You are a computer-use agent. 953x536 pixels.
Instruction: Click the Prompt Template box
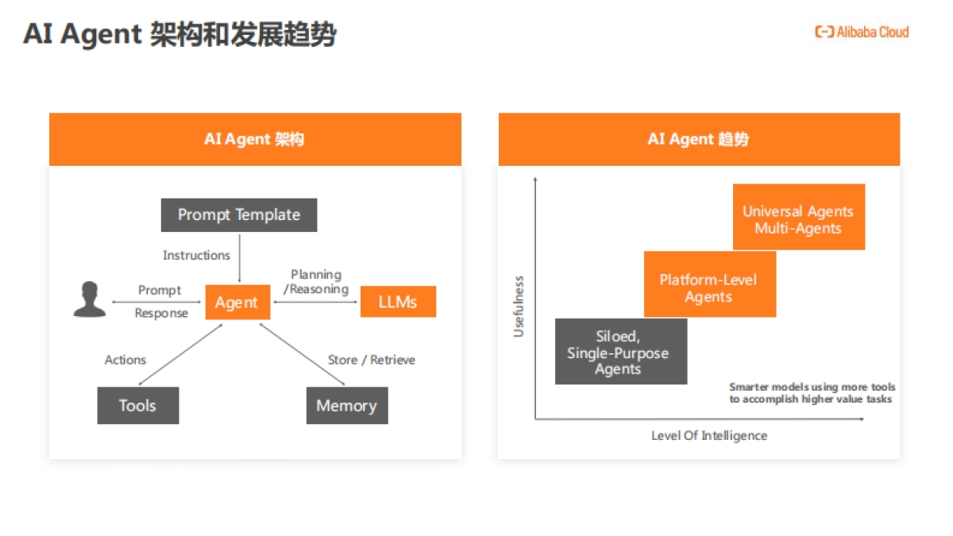tap(239, 215)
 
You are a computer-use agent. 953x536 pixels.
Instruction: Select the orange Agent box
tap(237, 303)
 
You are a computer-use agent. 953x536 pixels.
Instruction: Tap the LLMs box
tap(398, 302)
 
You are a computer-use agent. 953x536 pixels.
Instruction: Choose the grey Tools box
tap(137, 406)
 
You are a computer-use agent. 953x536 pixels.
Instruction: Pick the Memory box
tap(347, 406)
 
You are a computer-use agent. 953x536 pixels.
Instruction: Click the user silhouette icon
tap(89, 299)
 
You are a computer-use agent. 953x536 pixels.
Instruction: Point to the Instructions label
tap(196, 255)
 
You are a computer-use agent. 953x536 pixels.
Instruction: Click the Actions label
tap(125, 360)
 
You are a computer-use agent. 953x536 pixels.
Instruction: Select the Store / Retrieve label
tap(372, 360)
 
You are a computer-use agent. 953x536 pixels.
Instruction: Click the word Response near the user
tap(161, 313)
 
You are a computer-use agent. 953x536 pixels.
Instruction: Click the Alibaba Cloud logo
tap(862, 32)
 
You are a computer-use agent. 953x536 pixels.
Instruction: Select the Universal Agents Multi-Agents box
tap(798, 217)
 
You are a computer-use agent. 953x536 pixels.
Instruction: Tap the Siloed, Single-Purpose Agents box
tap(620, 352)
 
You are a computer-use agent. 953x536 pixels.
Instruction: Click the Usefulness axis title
tap(519, 307)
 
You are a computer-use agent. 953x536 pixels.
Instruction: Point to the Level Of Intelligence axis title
tap(709, 435)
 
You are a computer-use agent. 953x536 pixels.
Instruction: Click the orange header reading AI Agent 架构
tap(255, 140)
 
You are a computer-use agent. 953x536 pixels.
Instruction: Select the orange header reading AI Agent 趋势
tap(699, 140)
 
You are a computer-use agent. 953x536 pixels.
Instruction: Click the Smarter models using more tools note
tap(811, 393)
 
